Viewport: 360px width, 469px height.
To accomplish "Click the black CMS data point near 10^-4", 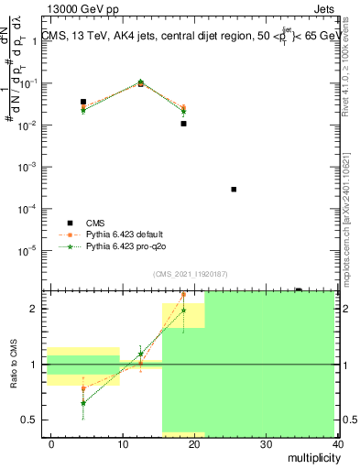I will (x=234, y=189).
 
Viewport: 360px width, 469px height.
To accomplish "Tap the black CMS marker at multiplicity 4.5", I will (x=83, y=102).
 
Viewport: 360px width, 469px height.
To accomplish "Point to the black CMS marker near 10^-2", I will (x=183, y=123).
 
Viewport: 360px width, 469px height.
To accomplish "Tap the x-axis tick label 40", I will (x=339, y=443).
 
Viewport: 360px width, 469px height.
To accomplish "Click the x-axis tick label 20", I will (x=194, y=443).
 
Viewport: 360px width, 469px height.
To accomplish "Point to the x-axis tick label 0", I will (x=51, y=443).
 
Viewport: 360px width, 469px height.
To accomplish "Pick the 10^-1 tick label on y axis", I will (x=30, y=83).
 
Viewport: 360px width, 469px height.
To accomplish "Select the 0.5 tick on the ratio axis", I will (x=31, y=420).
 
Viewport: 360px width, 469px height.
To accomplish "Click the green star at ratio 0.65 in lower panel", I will (x=83, y=403).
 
